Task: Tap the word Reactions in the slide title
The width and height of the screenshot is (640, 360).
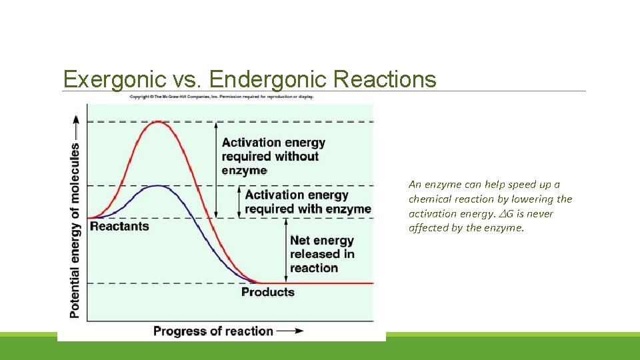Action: (384, 79)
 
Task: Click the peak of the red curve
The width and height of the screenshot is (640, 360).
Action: (158, 122)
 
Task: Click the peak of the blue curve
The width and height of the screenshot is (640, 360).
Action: (157, 186)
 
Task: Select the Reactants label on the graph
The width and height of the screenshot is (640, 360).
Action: (119, 226)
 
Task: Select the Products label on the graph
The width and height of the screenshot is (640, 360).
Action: (267, 292)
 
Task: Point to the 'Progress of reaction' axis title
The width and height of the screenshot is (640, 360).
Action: (213, 331)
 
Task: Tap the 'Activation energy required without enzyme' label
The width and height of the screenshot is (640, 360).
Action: (273, 156)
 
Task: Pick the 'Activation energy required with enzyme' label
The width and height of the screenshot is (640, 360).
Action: (307, 201)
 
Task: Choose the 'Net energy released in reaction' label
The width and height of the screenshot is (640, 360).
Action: (322, 254)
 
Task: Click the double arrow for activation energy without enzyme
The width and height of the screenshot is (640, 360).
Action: (216, 169)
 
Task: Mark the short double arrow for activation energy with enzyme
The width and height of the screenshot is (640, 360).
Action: (239, 201)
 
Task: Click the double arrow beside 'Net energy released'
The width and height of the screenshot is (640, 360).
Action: (285, 250)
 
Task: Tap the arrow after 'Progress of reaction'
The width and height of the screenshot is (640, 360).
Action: (290, 331)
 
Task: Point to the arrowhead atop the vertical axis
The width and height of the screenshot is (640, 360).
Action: (75, 119)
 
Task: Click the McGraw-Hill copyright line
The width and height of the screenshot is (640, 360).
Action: (221, 97)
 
